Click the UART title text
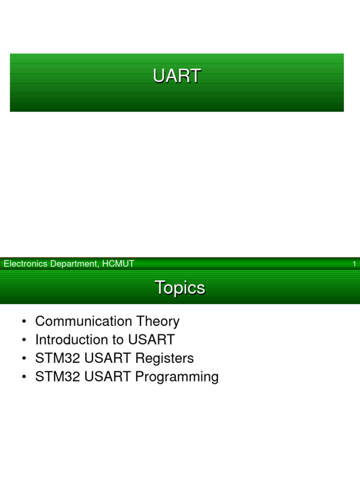(177, 76)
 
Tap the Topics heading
(180, 287)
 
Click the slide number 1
(354, 264)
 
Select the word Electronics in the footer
(26, 264)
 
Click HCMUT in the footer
(119, 264)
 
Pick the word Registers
(165, 358)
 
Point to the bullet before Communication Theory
(23, 322)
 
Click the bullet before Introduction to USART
(23, 340)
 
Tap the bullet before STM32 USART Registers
(23, 359)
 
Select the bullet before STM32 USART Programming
(23, 377)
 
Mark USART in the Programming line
(108, 377)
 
